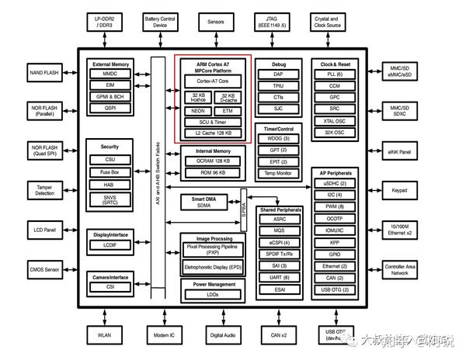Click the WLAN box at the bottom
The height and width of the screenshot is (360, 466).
click(104, 335)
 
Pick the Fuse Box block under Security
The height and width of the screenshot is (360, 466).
click(110, 172)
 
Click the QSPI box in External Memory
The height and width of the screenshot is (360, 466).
click(110, 109)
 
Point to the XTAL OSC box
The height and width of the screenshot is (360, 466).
click(335, 120)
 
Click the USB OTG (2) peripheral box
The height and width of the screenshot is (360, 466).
click(334, 289)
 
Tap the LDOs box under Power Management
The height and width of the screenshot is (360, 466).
click(213, 295)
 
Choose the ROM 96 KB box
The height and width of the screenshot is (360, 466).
click(213, 171)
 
